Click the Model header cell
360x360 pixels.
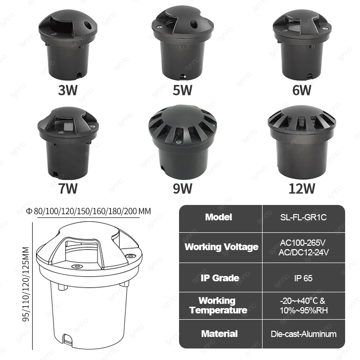click(218, 217)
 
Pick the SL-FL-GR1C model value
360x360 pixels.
click(303, 217)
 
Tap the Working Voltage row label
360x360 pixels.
click(221, 247)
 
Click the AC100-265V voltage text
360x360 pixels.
click(303, 242)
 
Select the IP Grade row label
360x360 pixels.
click(219, 278)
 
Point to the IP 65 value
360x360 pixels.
click(303, 278)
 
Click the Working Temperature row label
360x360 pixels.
click(218, 305)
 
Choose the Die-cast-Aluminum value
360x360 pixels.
click(303, 334)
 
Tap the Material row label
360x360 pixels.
click(219, 334)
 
